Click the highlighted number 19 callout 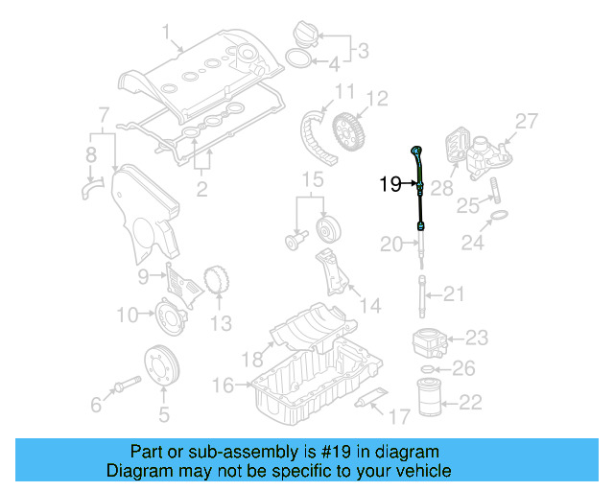[389, 184]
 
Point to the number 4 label [333, 66]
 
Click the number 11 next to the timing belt [343, 92]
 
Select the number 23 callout [477, 337]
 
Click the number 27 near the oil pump [527, 121]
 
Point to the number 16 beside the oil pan [222, 386]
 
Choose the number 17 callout [398, 416]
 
